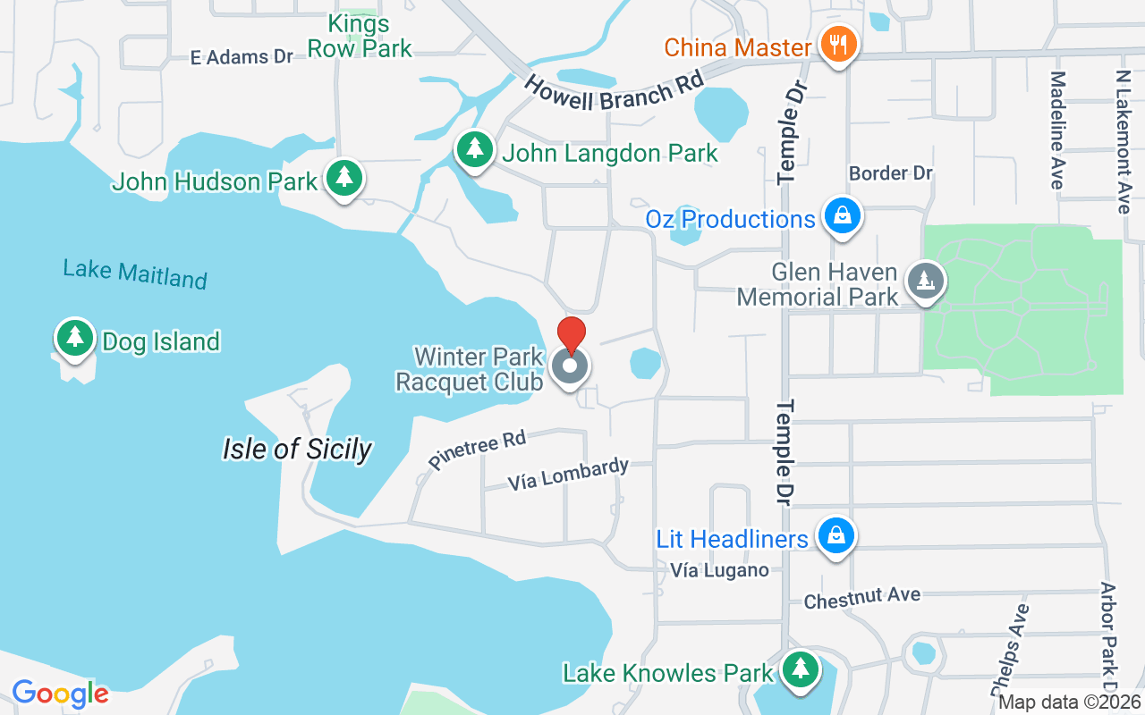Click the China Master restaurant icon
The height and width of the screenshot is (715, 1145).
838,44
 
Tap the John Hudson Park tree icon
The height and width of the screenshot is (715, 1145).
343,177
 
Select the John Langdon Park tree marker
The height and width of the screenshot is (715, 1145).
474,148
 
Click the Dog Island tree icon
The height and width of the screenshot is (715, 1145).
75,338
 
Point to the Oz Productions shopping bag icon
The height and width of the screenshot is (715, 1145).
842,215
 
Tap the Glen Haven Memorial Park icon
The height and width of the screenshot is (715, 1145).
926,281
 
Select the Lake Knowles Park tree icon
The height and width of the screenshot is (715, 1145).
800,669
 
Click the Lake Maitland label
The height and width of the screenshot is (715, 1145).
135,273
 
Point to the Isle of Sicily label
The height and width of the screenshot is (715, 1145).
297,449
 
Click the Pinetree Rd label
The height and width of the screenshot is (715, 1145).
477,449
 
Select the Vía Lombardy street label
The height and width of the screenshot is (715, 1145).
568,475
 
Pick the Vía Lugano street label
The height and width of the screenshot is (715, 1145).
719,570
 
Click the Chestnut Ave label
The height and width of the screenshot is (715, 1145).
861,598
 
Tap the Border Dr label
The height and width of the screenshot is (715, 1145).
891,172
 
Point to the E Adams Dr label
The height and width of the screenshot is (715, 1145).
242,57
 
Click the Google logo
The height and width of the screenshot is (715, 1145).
60,693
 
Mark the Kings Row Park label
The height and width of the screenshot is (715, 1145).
360,36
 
